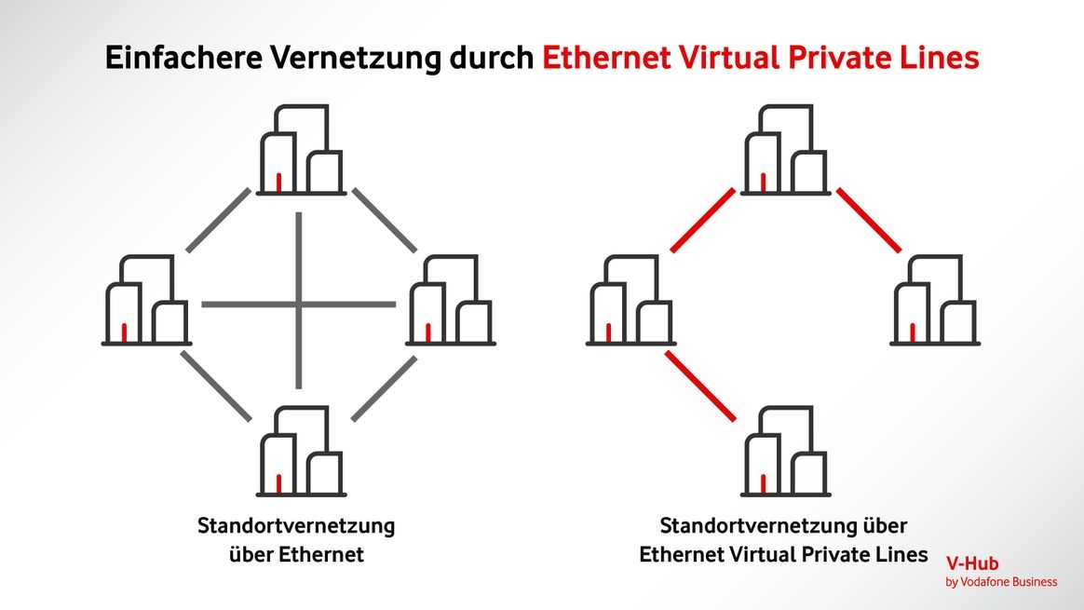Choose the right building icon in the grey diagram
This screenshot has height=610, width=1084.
[451, 301]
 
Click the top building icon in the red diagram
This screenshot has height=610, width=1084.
[785, 151]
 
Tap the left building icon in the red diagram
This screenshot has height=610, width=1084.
[630, 301]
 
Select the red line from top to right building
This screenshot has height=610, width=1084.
[868, 221]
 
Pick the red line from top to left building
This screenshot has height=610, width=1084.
[703, 221]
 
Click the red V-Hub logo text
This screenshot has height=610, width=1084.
[972, 563]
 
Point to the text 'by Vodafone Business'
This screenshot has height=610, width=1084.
[1001, 582]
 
